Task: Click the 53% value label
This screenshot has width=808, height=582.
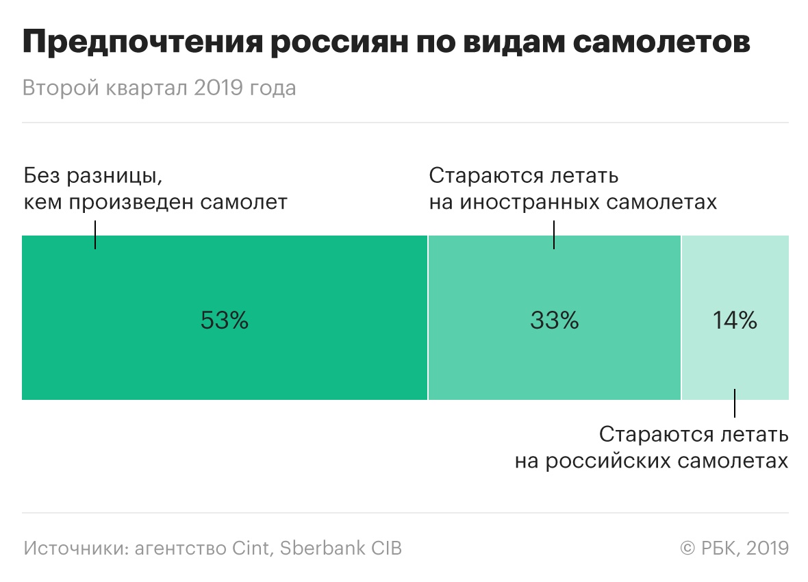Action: pyautogui.click(x=224, y=320)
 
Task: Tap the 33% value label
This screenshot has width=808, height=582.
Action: pyautogui.click(x=554, y=320)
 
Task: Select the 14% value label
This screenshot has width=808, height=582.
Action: pyautogui.click(x=735, y=320)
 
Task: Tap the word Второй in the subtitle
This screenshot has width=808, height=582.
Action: pyautogui.click(x=60, y=89)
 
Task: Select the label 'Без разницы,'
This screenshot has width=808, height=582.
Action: pyautogui.click(x=93, y=176)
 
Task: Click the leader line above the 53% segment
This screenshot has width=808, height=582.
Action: pyautogui.click(x=94, y=234)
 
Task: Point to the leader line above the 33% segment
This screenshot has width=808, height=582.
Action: pyautogui.click(x=553, y=234)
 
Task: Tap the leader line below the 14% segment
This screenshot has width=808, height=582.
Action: pyautogui.click(x=735, y=403)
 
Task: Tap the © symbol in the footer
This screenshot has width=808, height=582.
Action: pyautogui.click(x=688, y=548)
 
